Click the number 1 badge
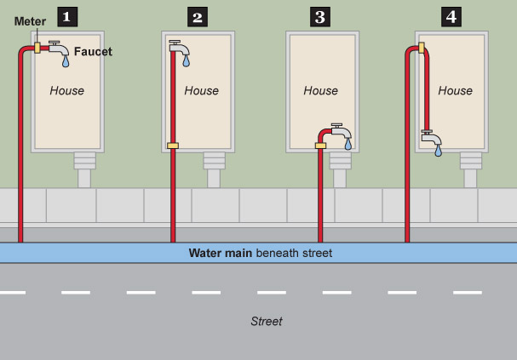(x=66, y=15)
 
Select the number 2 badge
(x=198, y=15)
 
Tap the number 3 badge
(x=320, y=15)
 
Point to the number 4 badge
(x=451, y=15)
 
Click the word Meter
(x=30, y=21)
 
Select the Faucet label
(x=93, y=52)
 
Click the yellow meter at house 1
(x=37, y=48)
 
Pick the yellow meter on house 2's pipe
(x=172, y=146)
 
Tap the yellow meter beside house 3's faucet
(x=320, y=146)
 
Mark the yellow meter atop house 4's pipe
(x=421, y=48)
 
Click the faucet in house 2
(x=180, y=49)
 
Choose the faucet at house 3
(x=341, y=134)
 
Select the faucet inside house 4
(x=432, y=137)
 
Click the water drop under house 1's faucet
(x=66, y=62)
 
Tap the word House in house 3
(x=320, y=90)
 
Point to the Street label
(x=266, y=321)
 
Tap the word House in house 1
(x=66, y=90)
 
